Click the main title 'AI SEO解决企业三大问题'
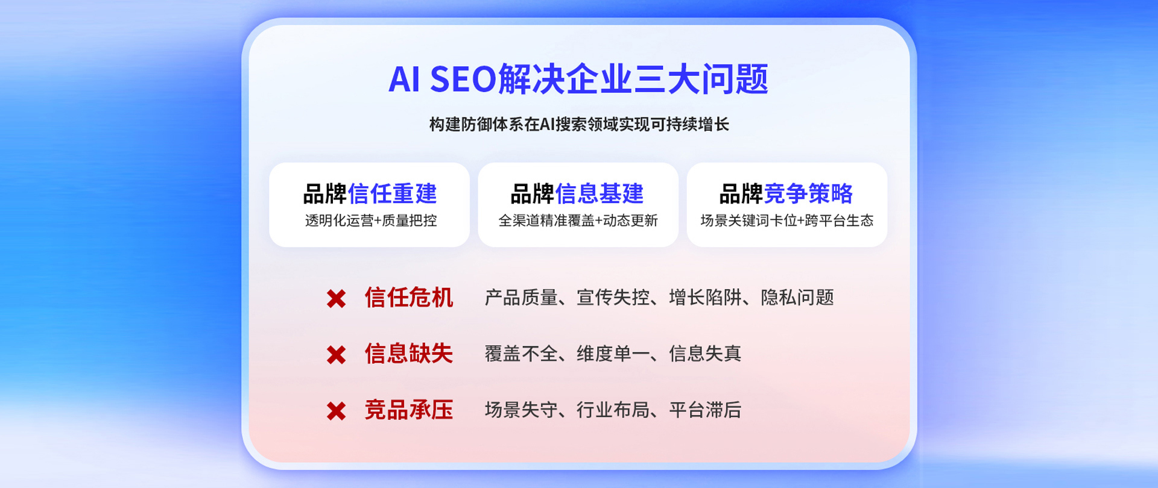click(578, 79)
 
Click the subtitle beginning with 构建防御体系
click(579, 124)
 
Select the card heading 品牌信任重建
click(370, 194)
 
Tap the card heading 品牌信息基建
click(577, 194)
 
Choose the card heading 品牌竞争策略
click(786, 194)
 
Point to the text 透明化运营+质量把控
click(371, 221)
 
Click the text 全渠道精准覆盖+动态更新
click(578, 221)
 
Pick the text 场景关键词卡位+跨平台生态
click(786, 221)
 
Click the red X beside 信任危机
click(336, 298)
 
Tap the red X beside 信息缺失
click(336, 355)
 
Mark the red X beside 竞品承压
click(336, 411)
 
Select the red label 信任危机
click(409, 298)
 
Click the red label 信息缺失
click(409, 354)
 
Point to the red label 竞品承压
click(409, 410)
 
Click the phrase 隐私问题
click(797, 298)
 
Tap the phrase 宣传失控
click(613, 298)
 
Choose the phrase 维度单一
click(613, 354)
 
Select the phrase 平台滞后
click(705, 410)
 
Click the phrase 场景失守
click(521, 410)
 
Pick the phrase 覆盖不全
click(521, 354)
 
